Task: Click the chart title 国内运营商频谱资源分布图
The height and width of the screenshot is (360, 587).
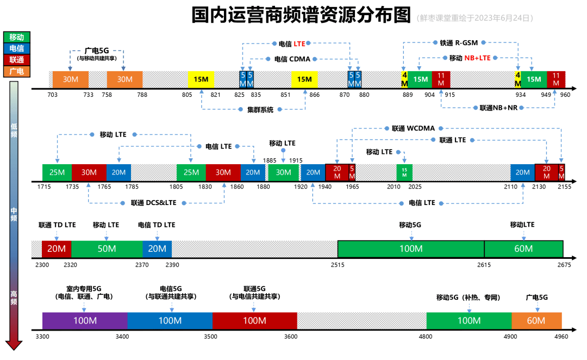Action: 301,16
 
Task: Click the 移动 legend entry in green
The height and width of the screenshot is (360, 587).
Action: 17,37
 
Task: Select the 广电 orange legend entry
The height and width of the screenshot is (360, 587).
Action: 17,71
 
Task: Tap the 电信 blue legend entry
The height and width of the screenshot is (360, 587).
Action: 17,48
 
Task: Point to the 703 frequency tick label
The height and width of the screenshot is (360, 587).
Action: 53,95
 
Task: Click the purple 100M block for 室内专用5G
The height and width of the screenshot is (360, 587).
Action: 85,321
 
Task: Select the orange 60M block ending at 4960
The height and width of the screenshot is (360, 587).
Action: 536,321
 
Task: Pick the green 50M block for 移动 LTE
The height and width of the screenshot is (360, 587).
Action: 107,249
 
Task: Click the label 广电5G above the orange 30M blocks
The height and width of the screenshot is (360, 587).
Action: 97,50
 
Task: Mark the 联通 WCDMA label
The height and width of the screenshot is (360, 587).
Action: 413,128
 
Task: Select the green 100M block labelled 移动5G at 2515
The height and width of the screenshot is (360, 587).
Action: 411,249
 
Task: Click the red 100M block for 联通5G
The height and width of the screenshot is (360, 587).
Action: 254,321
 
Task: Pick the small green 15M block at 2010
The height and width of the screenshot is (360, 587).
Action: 404,172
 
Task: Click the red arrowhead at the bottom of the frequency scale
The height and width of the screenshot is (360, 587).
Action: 14,345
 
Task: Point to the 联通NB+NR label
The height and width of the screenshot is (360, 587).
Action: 498,108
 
